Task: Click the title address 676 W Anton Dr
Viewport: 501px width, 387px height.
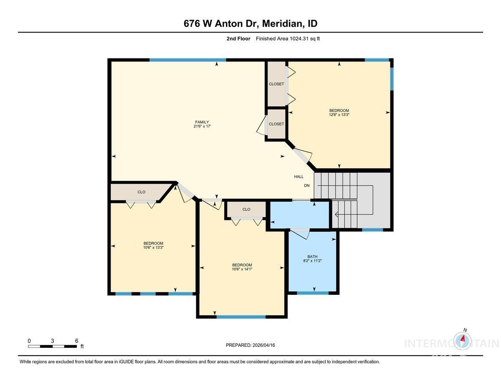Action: (x=221, y=24)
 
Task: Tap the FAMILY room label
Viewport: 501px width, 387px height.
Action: (x=202, y=122)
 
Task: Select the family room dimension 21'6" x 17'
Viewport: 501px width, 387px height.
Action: (x=202, y=126)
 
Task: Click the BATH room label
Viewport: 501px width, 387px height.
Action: (x=312, y=256)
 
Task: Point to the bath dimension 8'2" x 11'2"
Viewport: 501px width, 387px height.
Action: (x=312, y=261)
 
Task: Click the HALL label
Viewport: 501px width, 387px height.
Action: (x=299, y=177)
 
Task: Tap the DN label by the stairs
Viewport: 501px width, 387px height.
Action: (x=307, y=185)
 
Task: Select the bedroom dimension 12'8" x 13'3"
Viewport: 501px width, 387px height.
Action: (x=339, y=115)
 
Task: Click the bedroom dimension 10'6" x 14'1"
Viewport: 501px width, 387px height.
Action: (x=242, y=270)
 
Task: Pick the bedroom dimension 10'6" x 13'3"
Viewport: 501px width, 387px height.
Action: (x=153, y=248)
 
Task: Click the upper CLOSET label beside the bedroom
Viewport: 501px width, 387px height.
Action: (x=276, y=84)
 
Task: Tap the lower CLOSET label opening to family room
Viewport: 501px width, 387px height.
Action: (x=276, y=124)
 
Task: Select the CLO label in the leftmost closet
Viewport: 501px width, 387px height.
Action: (x=142, y=192)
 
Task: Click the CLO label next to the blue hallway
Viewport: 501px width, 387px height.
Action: (x=246, y=209)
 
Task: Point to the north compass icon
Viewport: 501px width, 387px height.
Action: (x=463, y=339)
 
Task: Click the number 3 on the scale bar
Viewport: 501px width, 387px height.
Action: (x=52, y=341)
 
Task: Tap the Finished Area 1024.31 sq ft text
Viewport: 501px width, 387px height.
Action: (x=288, y=39)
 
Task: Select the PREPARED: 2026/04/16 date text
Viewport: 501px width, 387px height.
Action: (x=250, y=345)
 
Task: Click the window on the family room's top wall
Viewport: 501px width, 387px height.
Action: (x=187, y=60)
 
